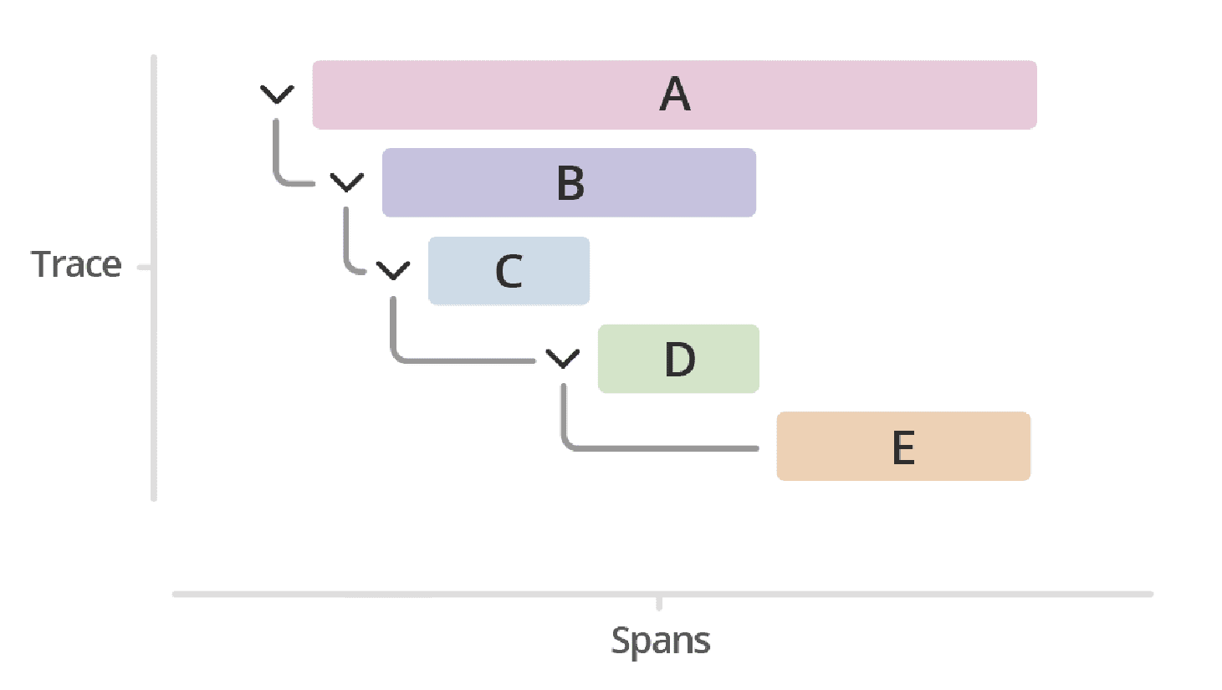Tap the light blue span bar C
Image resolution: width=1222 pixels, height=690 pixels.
tap(552, 271)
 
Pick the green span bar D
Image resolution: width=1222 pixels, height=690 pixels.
tap(728, 359)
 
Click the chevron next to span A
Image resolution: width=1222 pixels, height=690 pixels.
tap(277, 95)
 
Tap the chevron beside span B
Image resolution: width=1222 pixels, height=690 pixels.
tap(347, 182)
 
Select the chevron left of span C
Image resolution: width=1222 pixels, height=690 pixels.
tap(393, 270)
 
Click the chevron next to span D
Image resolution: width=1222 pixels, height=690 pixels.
tap(563, 359)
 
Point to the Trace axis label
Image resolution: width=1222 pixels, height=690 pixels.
tap(76, 264)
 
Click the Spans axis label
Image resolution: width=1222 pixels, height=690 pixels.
tap(660, 641)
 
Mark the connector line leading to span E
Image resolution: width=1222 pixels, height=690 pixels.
tap(661, 448)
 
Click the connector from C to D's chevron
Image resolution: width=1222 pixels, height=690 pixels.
tap(460, 360)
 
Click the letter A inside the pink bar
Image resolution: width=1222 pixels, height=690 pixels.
tap(675, 95)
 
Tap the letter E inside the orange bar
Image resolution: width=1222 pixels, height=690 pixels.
tap(903, 447)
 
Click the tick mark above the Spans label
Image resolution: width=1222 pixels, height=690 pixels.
tap(659, 603)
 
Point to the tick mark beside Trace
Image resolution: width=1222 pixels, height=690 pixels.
tap(144, 268)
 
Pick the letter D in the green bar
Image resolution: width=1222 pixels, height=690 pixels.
tap(679, 360)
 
